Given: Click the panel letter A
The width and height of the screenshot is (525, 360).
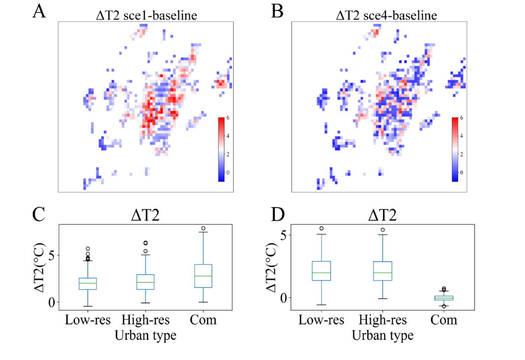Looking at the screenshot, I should pos(39,11).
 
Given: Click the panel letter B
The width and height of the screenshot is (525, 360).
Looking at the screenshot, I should pos(278,11).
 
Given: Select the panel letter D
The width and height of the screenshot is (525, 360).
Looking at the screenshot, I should pos(278,216).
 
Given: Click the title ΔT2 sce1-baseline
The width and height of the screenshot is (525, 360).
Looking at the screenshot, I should pos(146,16).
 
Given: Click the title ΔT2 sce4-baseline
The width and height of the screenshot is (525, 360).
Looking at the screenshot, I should pos(386,16).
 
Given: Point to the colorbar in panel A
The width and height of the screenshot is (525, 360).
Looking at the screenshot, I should pos(221,149).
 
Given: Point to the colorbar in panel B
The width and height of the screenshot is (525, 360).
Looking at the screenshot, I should pos(455,149).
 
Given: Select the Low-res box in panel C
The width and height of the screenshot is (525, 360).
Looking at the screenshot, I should pos(87,284).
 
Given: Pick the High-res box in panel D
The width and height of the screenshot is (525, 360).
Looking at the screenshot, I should pos(383,271).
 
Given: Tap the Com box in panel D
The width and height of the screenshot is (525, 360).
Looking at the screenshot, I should pos(444,298).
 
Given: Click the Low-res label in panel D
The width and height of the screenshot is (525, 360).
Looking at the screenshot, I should pos(321,320).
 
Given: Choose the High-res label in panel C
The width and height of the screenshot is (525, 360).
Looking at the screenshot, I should pos(145,320).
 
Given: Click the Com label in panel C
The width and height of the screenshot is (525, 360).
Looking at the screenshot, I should pos(204,320).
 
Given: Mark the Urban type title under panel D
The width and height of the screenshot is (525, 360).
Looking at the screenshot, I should pos(383,336).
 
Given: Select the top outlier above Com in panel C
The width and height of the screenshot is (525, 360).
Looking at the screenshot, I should pos(204,229).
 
